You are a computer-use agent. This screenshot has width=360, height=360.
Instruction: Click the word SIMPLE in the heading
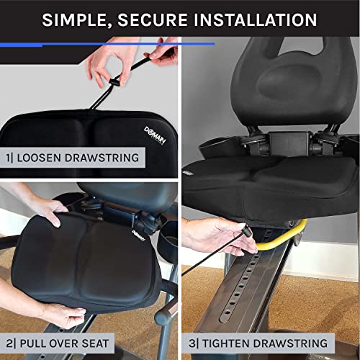74,19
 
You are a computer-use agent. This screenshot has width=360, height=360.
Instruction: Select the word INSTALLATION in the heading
250,19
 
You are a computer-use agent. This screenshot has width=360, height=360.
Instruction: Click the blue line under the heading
108,44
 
